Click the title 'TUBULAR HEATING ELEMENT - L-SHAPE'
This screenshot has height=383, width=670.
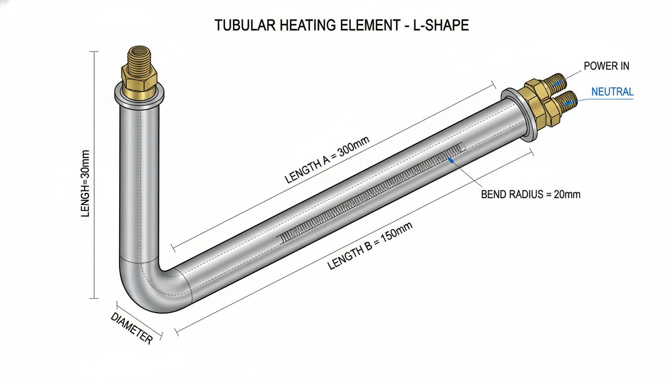341,25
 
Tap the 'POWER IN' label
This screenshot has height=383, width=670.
606,66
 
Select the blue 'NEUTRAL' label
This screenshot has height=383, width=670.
612,92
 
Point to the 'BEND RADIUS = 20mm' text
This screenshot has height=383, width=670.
530,194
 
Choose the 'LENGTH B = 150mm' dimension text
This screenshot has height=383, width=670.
370,246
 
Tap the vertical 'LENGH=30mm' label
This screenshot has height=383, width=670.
85,184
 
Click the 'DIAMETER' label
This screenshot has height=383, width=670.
132,328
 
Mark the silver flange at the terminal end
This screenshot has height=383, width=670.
519,115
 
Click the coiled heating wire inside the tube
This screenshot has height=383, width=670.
371,192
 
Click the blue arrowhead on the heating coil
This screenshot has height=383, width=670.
451,161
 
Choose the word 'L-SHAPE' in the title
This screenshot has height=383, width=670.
441,25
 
